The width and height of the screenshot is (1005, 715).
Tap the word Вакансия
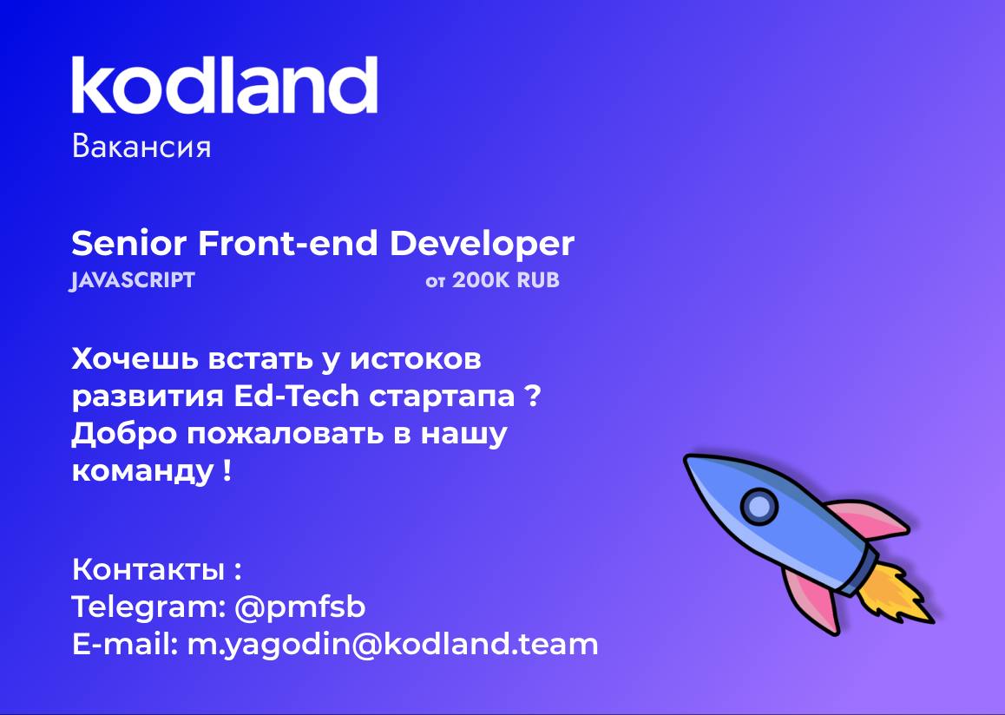(141, 147)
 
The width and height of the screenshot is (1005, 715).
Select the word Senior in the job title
(128, 244)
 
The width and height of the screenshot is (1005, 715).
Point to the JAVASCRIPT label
(132, 280)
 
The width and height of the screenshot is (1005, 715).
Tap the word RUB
(538, 280)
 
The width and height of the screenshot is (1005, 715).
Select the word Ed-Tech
(297, 396)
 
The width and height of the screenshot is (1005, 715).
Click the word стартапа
(442, 398)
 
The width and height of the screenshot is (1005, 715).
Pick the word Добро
(124, 435)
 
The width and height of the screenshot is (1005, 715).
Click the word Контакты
(148, 569)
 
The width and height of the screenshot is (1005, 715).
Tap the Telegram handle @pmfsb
(300, 607)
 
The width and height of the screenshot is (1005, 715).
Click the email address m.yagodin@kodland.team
(392, 645)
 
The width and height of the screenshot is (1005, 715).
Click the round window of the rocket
(759, 506)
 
